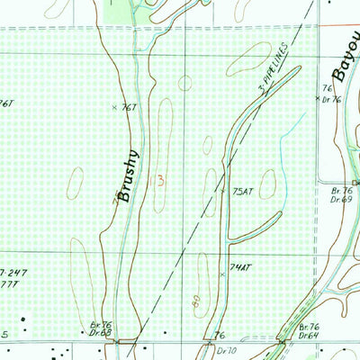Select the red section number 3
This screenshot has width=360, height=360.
click(x=160, y=180)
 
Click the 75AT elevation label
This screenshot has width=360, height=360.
click(x=243, y=193)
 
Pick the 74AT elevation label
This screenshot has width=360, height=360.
click(x=239, y=268)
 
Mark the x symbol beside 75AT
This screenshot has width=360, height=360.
click(x=223, y=191)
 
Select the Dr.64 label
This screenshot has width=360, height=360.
click(x=310, y=335)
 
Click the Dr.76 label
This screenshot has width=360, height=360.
click(x=333, y=98)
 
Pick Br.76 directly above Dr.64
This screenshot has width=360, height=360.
click(x=310, y=327)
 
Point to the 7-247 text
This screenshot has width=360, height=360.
click(x=13, y=271)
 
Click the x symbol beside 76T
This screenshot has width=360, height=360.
click(x=114, y=107)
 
